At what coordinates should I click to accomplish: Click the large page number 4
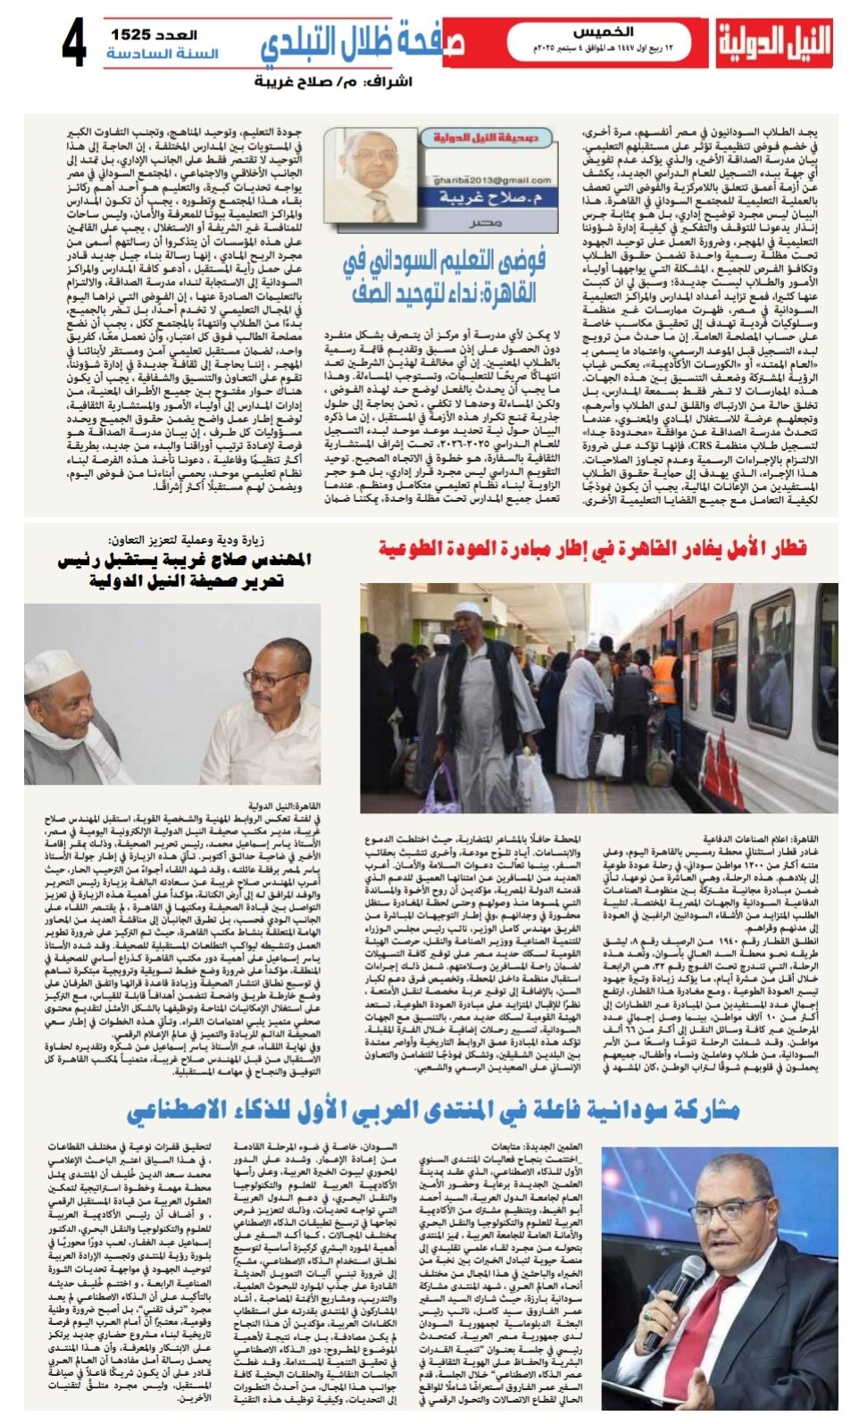point(74,43)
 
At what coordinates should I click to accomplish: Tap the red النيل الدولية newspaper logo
point(773,43)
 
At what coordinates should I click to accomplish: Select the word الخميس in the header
point(604,32)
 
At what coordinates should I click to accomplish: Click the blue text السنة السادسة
point(162,54)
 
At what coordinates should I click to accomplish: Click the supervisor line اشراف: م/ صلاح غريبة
point(333,82)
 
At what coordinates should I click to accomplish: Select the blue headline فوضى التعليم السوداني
point(444,276)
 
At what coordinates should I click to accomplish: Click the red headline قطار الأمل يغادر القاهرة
point(592,547)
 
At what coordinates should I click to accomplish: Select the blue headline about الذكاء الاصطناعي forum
point(432,1109)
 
